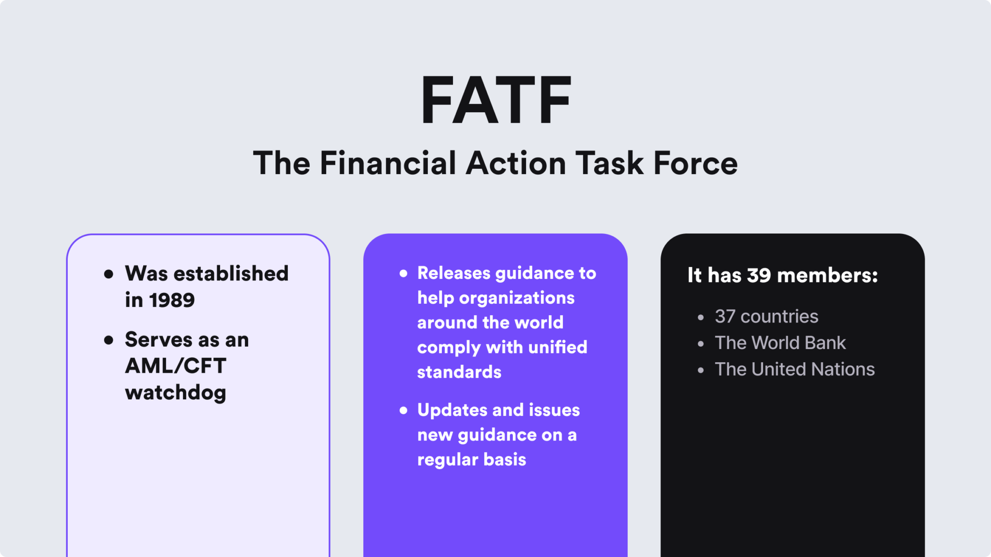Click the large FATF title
tap(495, 101)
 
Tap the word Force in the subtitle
tap(695, 163)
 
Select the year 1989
tap(172, 300)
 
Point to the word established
tap(231, 274)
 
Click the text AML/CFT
tap(176, 366)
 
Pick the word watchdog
tap(176, 393)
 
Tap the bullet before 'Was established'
tap(109, 274)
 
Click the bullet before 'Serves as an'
tap(109, 340)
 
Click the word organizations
tap(516, 298)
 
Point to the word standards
tap(459, 372)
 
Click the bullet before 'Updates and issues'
tap(404, 410)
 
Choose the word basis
tap(505, 459)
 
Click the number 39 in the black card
tap(759, 275)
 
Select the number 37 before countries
tap(725, 316)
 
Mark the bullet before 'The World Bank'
tap(701, 344)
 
